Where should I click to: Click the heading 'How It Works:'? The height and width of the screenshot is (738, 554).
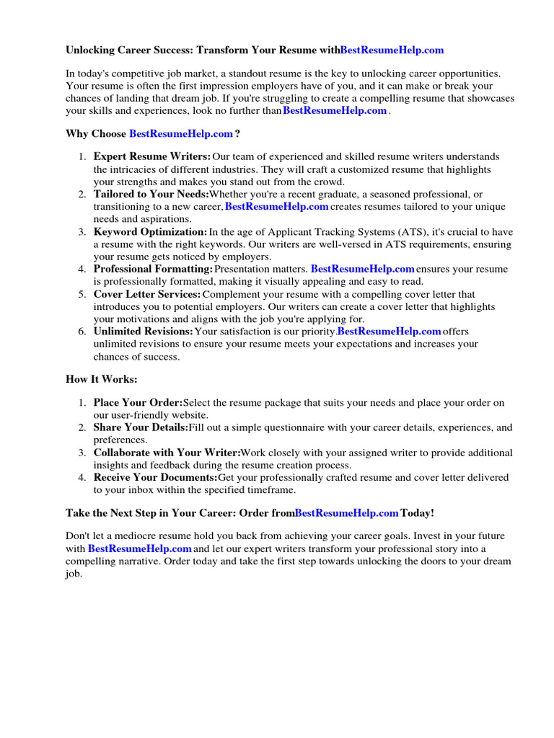pyautogui.click(x=101, y=379)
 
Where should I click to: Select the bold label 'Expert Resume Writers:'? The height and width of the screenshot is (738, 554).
pyautogui.click(x=152, y=156)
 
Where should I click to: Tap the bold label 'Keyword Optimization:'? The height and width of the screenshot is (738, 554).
pyautogui.click(x=150, y=231)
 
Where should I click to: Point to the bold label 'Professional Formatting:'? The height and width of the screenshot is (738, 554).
pyautogui.click(x=153, y=269)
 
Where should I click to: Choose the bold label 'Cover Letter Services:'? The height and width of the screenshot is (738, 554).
pyautogui.click(x=147, y=294)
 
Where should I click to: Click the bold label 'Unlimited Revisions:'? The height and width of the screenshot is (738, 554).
pyautogui.click(x=144, y=332)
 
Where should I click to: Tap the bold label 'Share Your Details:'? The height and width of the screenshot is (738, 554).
pyautogui.click(x=141, y=427)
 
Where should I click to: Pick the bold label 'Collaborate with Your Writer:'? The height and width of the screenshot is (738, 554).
pyautogui.click(x=167, y=453)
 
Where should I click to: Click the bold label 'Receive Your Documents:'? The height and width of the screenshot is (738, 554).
pyautogui.click(x=155, y=477)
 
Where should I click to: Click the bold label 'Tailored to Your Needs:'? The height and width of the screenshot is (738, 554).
pyautogui.click(x=151, y=194)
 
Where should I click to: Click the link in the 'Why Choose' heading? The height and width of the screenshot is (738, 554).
pyautogui.click(x=181, y=133)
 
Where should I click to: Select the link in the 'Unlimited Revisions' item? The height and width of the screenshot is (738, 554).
pyautogui.click(x=390, y=332)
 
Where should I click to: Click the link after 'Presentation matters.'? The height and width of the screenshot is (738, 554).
pyautogui.click(x=362, y=269)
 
